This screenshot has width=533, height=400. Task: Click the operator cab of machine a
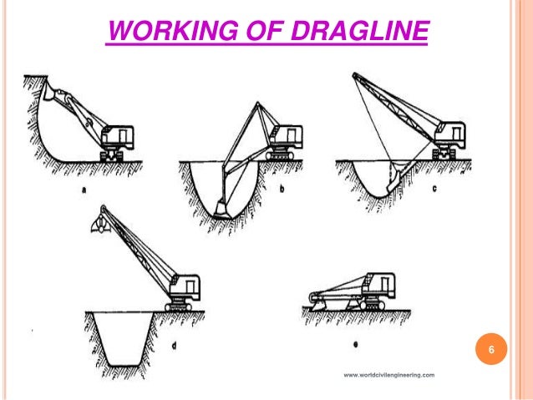(x=117, y=137)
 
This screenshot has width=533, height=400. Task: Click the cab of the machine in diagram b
(x=286, y=137)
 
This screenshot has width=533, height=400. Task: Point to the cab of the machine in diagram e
(x=390, y=288)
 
